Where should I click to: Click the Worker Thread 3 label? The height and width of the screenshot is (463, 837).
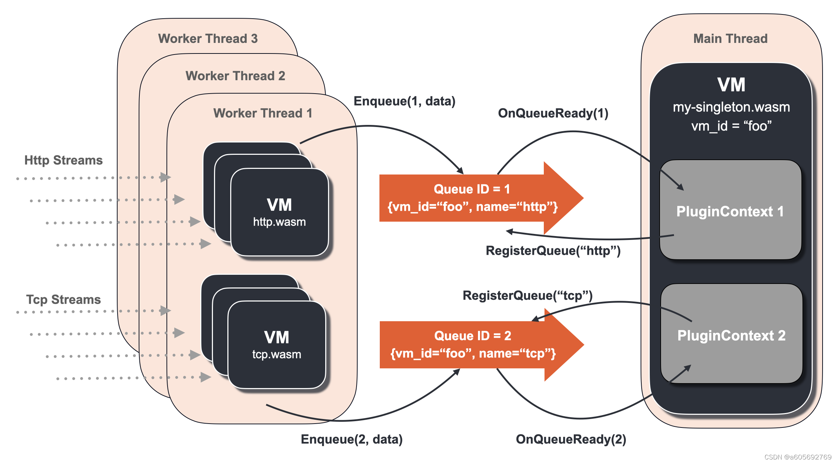208,38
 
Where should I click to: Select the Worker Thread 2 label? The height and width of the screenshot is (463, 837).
235,76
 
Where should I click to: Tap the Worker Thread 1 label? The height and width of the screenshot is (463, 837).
263,113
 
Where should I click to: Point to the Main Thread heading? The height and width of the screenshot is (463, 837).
730,38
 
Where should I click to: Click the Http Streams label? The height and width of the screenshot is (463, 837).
63,160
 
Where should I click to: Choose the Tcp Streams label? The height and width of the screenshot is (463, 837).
63,299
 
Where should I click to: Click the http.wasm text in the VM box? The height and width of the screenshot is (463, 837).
279,222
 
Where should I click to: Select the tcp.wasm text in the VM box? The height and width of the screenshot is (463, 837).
277,354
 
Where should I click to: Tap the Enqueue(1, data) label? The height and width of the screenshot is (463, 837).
404,101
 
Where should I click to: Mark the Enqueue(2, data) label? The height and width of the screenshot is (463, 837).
352,439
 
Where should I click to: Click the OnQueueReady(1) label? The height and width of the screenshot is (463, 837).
553,113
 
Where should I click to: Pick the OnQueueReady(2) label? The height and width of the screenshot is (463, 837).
571,439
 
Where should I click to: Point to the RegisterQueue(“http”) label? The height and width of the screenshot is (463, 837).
553,250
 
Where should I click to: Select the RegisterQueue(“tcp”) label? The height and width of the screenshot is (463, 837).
528,295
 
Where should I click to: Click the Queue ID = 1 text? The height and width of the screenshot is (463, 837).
472,189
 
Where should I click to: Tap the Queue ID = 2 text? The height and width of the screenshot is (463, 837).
472,336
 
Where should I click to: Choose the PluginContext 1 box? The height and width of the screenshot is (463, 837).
730,211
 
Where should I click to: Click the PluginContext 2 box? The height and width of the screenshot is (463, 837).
731,335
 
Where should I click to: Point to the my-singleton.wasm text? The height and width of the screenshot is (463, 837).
731,107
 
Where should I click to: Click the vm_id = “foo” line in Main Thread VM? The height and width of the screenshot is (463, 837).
731,126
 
